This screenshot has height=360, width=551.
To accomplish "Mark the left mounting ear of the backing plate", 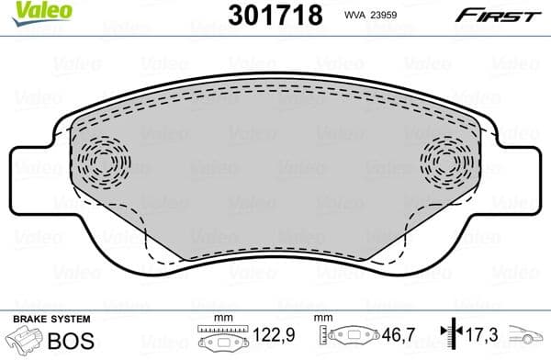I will pos(32,171).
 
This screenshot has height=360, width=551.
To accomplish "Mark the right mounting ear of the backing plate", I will pos(519,171).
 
